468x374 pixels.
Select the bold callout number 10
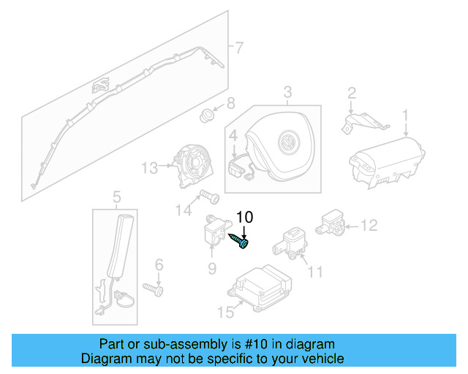coord(245,217)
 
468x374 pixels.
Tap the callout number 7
coord(238,48)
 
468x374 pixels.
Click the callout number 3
coord(287,91)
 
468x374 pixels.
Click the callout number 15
coord(224,313)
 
